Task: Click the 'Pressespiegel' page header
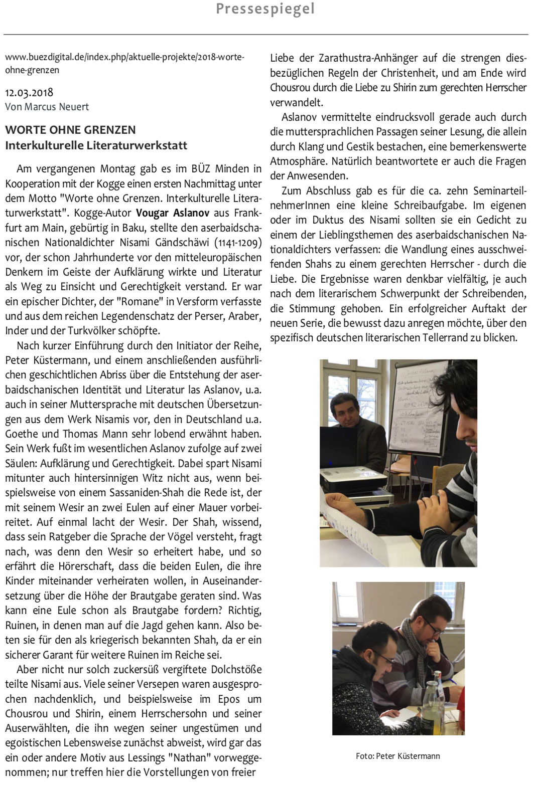265,9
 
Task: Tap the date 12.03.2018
29,93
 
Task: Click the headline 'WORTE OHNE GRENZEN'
70,130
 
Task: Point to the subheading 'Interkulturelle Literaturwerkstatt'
96,145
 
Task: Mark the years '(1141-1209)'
238,243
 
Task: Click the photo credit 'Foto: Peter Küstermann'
397,756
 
